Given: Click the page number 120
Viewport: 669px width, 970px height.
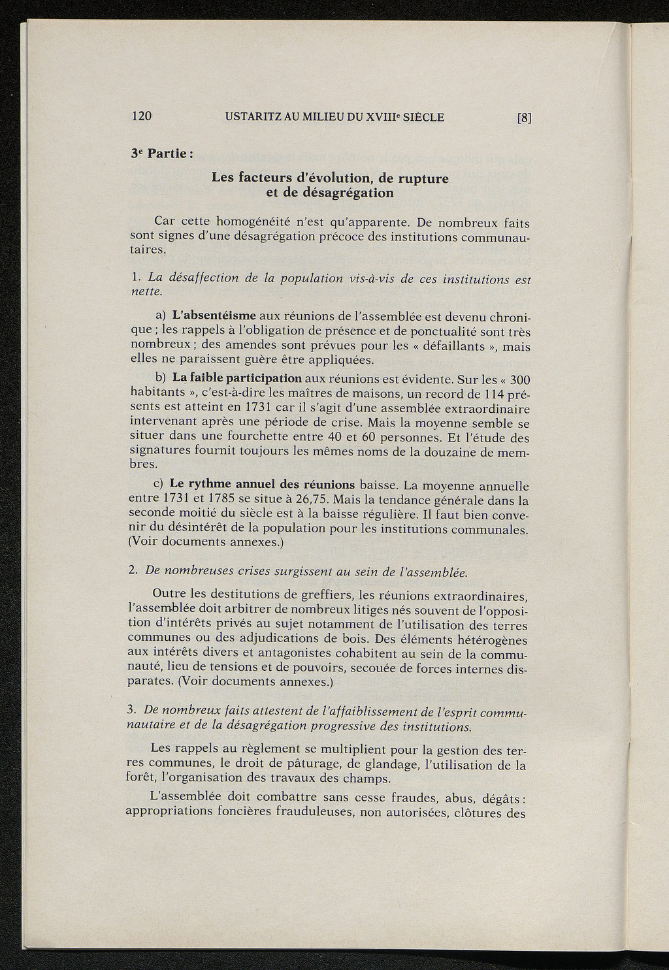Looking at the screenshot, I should tap(141, 117).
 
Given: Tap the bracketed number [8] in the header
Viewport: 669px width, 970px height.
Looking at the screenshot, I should tap(525, 118).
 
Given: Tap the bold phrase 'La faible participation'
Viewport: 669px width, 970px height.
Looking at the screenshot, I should tap(237, 378).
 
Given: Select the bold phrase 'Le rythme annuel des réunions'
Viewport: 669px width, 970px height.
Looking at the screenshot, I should tap(262, 484).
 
